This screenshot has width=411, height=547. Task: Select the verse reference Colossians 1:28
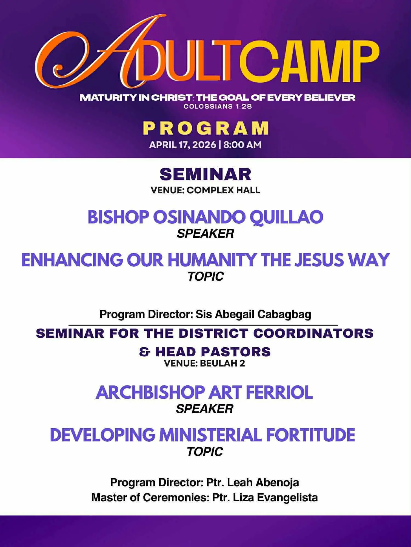[x=218, y=106]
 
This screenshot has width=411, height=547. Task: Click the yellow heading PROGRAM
[x=206, y=128]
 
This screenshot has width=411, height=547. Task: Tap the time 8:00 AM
[x=242, y=144]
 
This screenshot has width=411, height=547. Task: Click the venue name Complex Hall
[x=223, y=190]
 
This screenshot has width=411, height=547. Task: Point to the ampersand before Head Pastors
[x=145, y=352]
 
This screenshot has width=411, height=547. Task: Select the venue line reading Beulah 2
[x=204, y=363]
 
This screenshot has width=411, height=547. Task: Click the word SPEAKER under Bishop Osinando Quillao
[x=206, y=234]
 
